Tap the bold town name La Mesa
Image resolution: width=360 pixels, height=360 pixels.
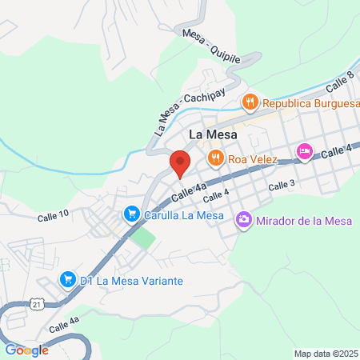coord(213,134)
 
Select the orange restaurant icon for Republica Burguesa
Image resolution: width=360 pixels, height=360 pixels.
coord(251,102)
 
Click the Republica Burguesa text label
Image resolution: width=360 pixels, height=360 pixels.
coord(308,102)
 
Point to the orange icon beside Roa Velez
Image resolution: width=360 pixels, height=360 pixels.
coord(214,158)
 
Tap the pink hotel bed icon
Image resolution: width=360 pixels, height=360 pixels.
coord(305,151)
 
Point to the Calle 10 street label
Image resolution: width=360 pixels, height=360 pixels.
coord(53,215)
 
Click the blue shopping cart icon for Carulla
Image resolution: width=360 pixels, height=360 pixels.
coord(131,214)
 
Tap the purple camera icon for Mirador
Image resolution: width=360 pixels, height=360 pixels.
coord(244,218)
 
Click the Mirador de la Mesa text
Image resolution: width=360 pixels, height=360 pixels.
coord(298,218)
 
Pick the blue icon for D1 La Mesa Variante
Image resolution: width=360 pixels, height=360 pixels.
coord(68,281)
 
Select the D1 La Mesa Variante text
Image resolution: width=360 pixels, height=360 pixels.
coord(132,281)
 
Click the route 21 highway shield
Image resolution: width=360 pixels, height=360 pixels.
coord(37,303)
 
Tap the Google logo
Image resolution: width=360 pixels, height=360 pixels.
coord(26,350)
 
